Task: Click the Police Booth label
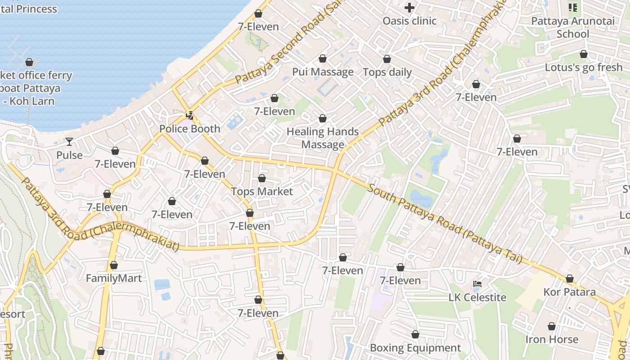point(189,129)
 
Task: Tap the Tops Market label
point(262,191)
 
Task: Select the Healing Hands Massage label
point(323,138)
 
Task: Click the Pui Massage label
point(323,72)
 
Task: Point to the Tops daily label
point(387,72)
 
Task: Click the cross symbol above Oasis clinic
point(409,7)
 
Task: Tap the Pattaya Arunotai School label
point(572,27)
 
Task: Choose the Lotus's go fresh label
point(584,67)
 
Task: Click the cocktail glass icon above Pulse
point(69,142)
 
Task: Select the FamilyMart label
point(114,278)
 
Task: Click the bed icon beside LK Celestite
point(477,284)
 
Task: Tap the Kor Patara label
point(569,292)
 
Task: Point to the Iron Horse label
point(552,339)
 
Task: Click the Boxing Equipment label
point(415,348)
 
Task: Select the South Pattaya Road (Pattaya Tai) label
point(445,223)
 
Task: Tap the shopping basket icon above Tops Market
point(262,179)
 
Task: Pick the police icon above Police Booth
point(190,116)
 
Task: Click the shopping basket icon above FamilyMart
point(114,265)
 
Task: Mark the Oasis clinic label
point(409,21)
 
